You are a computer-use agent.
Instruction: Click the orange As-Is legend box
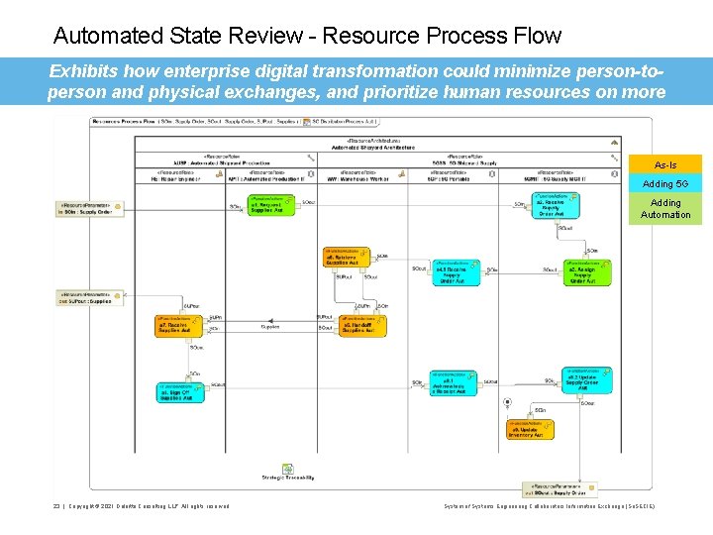[665, 164]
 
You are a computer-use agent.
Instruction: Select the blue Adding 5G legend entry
[665, 183]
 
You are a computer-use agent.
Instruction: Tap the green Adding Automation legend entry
[665, 209]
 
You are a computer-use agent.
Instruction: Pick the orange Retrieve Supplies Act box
[345, 258]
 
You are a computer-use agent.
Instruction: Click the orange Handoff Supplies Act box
[361, 326]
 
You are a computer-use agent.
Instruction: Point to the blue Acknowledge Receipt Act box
[454, 383]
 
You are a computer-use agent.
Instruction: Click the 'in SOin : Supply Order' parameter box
[89, 209]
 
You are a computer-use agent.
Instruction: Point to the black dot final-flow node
[507, 403]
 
